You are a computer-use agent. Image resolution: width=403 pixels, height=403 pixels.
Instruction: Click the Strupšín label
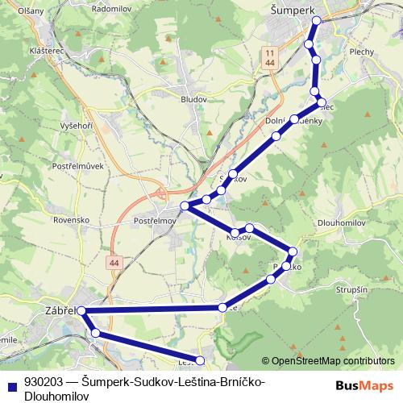tap(350, 289)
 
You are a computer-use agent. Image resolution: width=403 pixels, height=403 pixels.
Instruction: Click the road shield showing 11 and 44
tap(268, 57)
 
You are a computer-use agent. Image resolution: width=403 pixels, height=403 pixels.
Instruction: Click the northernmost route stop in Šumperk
tap(317, 20)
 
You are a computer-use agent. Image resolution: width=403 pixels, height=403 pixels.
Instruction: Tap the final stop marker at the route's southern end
tap(201, 360)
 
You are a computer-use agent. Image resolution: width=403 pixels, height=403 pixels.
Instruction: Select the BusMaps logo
tap(364, 385)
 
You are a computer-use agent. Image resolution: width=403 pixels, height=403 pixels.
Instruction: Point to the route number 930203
tap(43, 381)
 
